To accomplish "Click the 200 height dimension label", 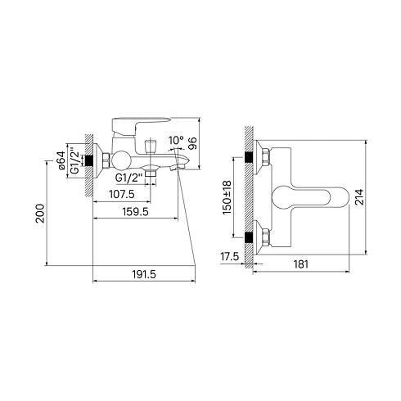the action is (40, 214).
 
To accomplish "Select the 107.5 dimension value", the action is (122, 194).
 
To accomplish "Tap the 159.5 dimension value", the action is (136, 211).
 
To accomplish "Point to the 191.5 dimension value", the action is (145, 274).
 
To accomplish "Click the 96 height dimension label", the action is (192, 143).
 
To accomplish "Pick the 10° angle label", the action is (176, 140).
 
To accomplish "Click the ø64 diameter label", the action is (61, 160).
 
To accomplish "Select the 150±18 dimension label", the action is (227, 197).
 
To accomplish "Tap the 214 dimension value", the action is (359, 196).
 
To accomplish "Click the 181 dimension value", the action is (301, 264).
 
